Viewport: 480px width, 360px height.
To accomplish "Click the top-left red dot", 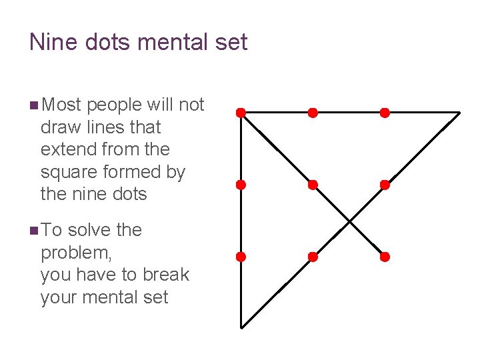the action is tap(241, 113).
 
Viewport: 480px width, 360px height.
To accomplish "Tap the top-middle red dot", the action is tap(313, 113).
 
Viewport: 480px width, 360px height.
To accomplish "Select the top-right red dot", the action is tap(385, 113).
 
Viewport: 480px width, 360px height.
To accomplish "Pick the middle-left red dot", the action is tap(241, 185).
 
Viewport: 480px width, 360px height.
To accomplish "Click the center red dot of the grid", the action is tap(313, 185).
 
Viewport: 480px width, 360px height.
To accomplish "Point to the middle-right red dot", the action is tap(385, 185).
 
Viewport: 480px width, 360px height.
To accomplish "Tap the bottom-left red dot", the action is tap(241, 257).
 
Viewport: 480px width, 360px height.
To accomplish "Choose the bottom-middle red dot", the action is tap(313, 257).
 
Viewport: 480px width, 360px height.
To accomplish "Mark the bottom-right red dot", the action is tap(385, 257).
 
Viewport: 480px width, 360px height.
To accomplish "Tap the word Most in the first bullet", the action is tap(61, 105).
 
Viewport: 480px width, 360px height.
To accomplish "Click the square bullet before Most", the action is tap(33, 105).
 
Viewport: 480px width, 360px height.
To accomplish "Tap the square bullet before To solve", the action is tap(33, 231).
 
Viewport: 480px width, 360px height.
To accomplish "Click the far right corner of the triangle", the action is tap(459, 113).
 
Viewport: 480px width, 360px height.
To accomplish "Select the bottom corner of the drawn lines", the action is tap(241, 327).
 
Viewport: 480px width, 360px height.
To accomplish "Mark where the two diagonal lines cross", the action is tap(349, 221).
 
